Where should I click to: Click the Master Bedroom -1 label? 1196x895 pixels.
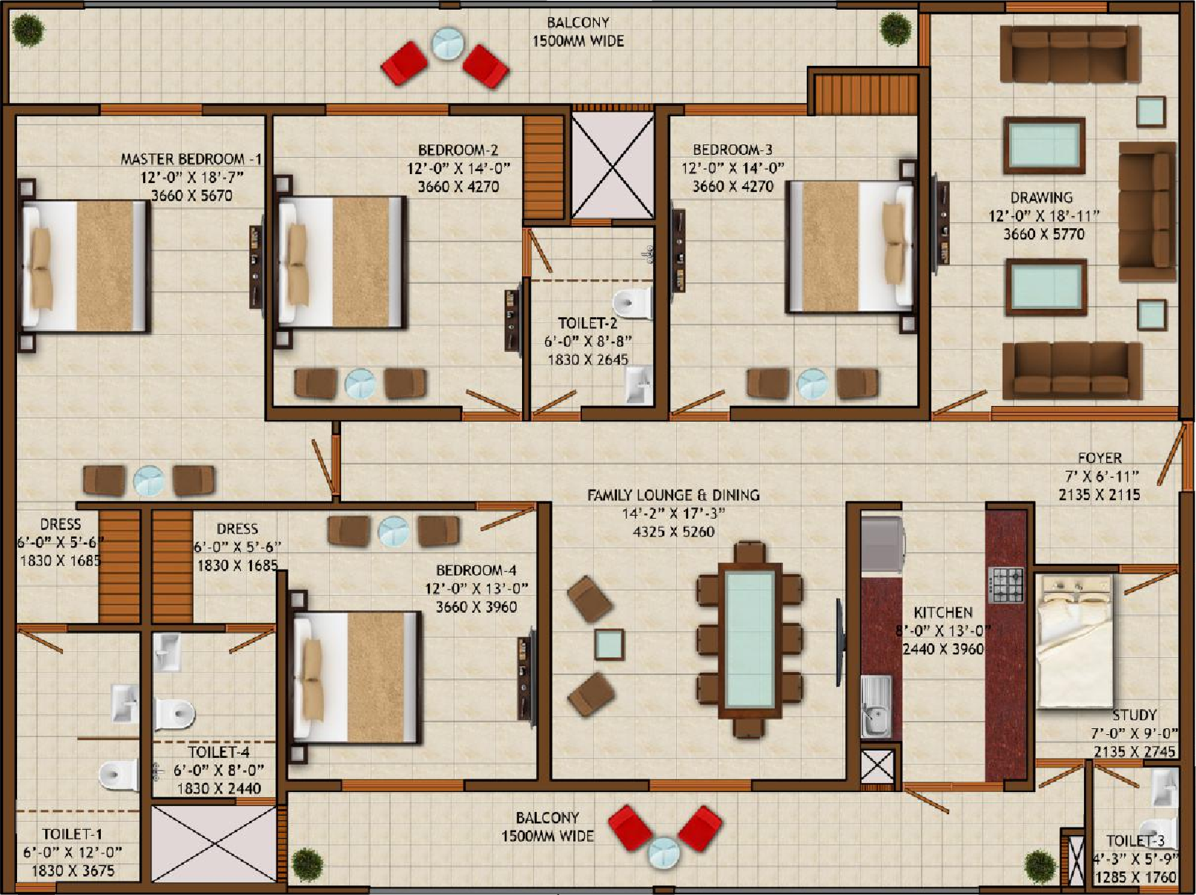191,159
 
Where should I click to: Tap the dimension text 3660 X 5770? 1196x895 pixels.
1044,234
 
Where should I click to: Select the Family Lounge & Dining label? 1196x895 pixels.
673,495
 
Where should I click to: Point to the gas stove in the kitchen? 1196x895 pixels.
1006,585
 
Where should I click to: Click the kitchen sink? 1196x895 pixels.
876,706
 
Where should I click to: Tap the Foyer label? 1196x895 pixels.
1100,458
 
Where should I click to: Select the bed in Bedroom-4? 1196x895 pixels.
357,677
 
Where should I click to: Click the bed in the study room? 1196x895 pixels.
1074,642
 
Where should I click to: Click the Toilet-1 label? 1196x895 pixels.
72,834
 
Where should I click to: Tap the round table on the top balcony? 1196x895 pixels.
447,43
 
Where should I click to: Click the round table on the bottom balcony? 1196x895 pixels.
663,853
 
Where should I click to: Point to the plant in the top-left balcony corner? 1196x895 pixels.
28,30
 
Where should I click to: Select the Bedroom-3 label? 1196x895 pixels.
733,149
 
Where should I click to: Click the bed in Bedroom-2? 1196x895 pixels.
342,262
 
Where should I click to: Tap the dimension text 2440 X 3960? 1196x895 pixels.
943,649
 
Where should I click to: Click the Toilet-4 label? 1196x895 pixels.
219,752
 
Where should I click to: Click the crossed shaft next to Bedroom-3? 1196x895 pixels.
612,165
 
